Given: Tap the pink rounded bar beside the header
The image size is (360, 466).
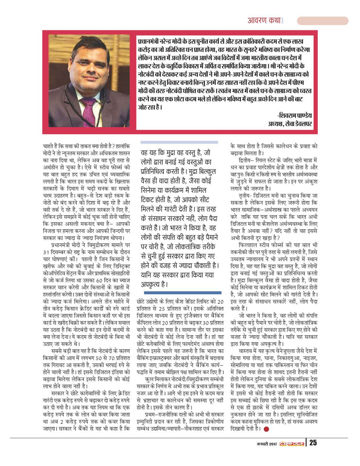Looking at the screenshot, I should [322, 21].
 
